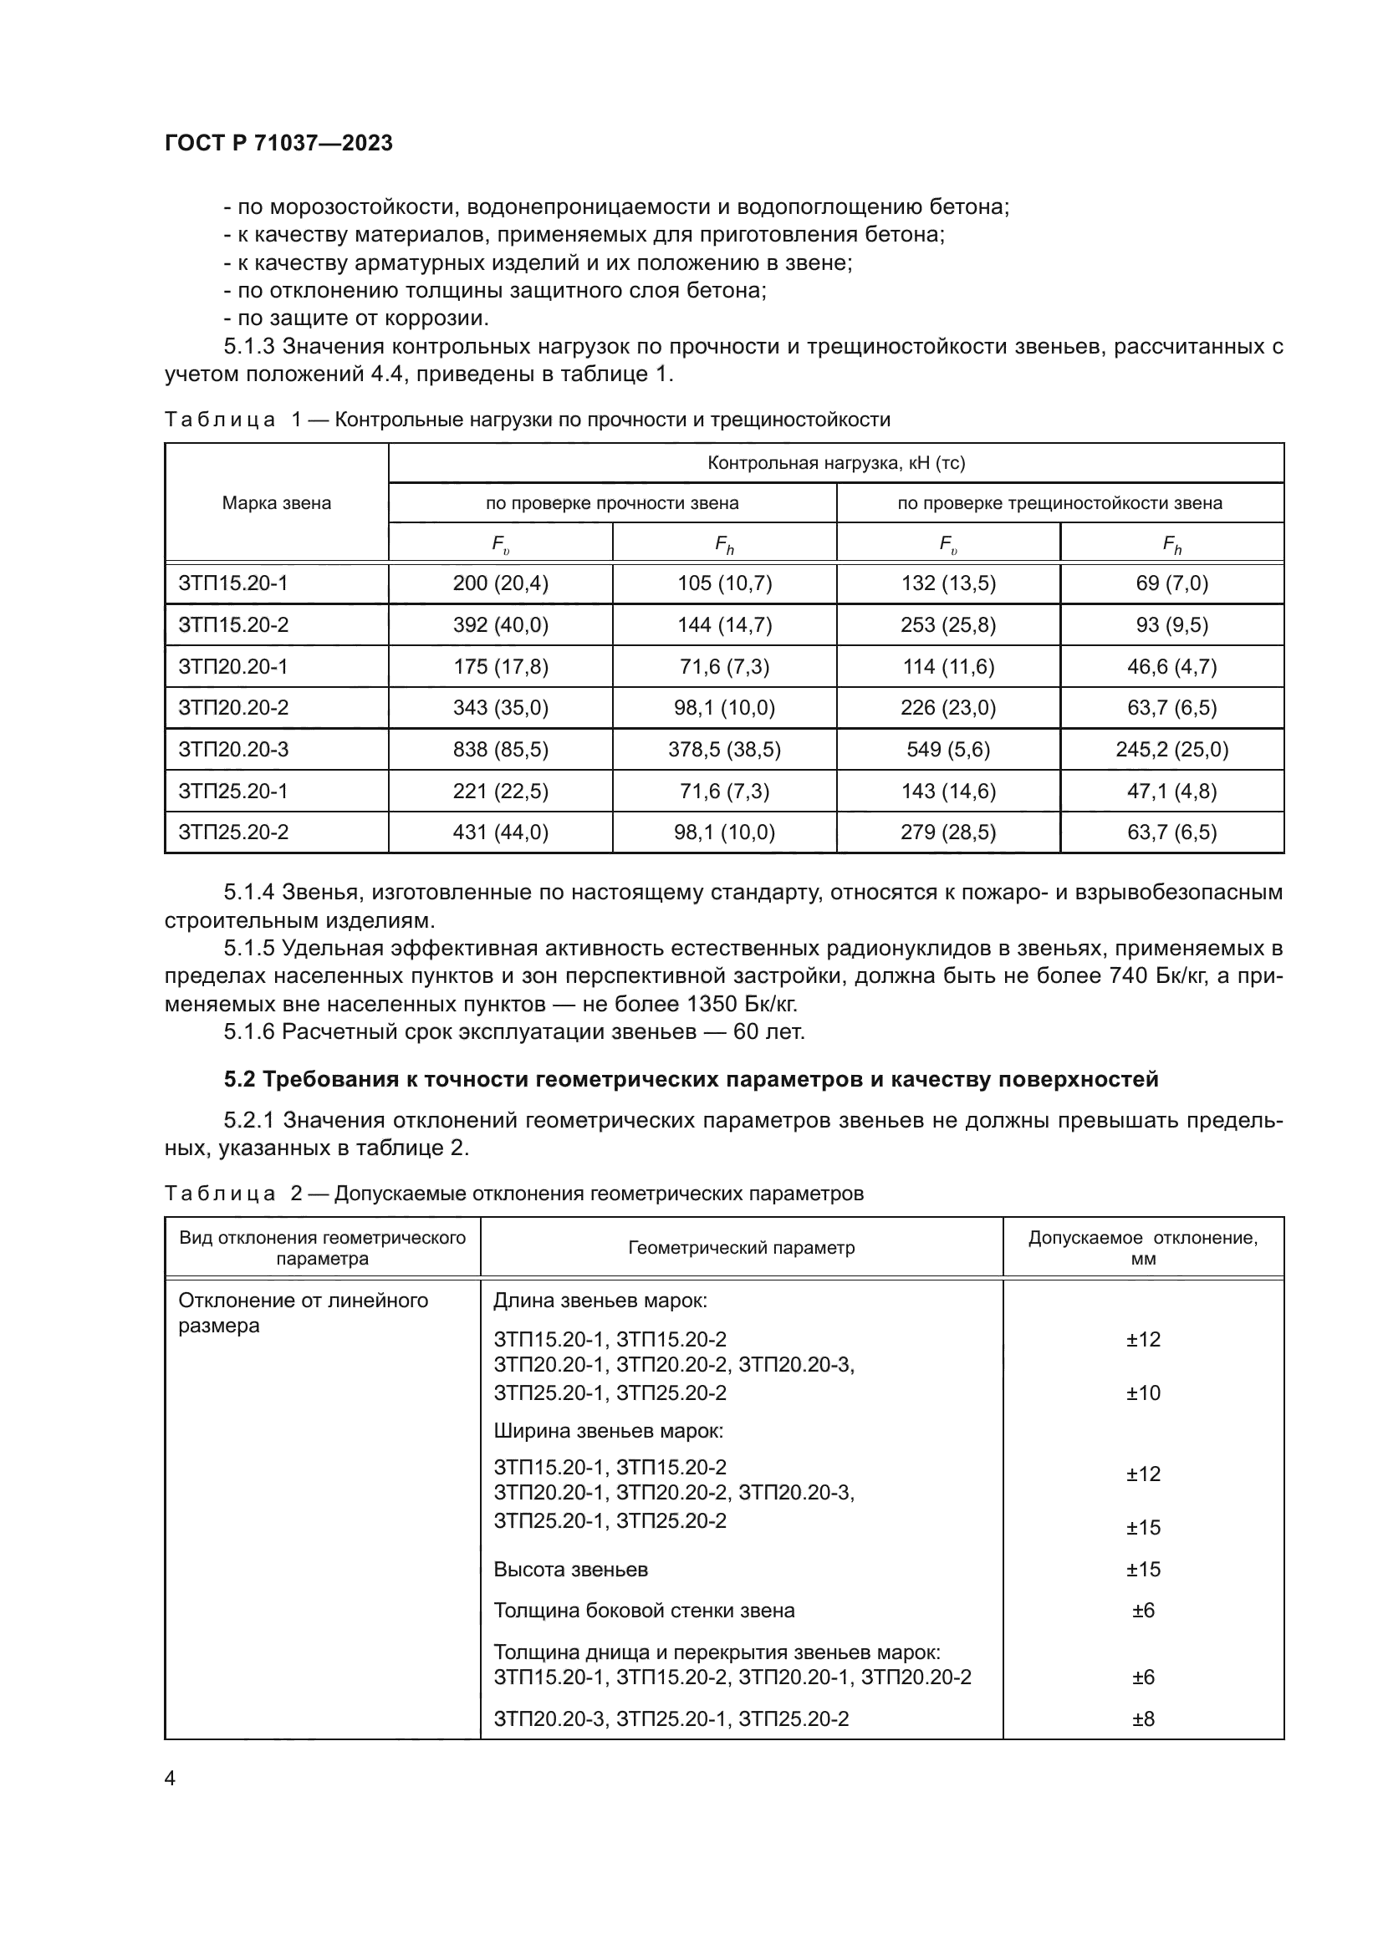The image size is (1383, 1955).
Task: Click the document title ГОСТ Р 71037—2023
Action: pyautogui.click(x=278, y=143)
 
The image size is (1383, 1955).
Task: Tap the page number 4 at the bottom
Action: pyautogui.click(x=170, y=1779)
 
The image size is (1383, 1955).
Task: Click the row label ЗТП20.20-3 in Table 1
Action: pyautogui.click(x=233, y=749)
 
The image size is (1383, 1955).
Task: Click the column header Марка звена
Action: pyautogui.click(x=276, y=503)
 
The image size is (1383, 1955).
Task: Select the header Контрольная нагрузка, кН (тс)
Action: pyautogui.click(x=835, y=463)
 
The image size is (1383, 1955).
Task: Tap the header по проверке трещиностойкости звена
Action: pyautogui.click(x=1059, y=503)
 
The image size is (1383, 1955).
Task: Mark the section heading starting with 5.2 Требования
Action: pyautogui.click(x=691, y=1080)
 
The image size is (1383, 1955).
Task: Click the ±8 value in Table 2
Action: pyautogui.click(x=1143, y=1719)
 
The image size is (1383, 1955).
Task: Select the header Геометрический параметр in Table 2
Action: pyautogui.click(x=741, y=1248)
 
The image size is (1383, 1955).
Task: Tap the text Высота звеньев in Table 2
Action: pyautogui.click(x=570, y=1570)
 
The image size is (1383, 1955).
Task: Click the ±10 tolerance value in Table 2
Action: pyautogui.click(x=1143, y=1393)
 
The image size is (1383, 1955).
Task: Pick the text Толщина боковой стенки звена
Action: pyautogui.click(x=644, y=1611)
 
